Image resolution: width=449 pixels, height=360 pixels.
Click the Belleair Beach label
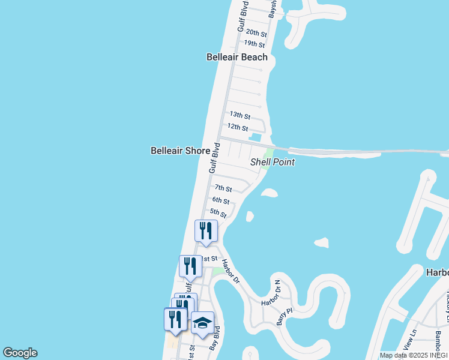point(237,58)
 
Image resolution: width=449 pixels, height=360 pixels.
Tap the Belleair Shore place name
point(180,151)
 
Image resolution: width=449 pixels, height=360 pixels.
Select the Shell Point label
point(273,162)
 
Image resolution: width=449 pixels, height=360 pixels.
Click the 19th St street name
point(254,44)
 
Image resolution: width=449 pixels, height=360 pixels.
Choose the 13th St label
point(240,115)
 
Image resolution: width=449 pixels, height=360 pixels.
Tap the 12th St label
point(237,127)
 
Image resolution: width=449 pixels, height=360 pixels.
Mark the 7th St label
point(223,188)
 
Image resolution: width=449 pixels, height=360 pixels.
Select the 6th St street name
point(220,200)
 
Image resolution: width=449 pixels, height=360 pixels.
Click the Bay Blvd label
point(215,338)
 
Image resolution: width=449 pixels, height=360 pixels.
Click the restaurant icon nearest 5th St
point(206,231)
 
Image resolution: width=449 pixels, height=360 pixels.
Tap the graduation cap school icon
point(202,323)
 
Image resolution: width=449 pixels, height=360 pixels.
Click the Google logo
point(20,353)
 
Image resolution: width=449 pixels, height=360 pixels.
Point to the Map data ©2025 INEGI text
point(414,355)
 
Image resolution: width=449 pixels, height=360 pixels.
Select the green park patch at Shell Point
point(267,159)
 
